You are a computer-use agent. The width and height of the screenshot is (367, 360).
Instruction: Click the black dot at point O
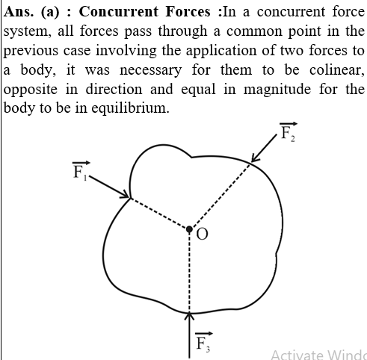(x=189, y=229)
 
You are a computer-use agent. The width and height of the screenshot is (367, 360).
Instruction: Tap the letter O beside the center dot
(x=202, y=235)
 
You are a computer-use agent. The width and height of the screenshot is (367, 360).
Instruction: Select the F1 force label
(x=81, y=170)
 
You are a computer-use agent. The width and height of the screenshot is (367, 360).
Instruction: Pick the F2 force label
(x=289, y=132)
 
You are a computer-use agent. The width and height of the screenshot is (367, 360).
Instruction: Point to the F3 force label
(x=203, y=342)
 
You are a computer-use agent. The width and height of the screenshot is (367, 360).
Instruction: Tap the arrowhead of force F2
(x=255, y=158)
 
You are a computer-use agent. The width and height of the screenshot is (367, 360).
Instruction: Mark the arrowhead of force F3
(x=189, y=316)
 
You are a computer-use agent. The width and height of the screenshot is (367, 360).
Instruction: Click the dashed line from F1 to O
(x=159, y=214)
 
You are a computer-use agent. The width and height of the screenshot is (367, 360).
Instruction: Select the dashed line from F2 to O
(x=220, y=195)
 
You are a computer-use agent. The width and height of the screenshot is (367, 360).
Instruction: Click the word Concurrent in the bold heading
(x=119, y=11)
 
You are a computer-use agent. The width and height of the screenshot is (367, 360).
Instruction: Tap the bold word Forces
(x=188, y=11)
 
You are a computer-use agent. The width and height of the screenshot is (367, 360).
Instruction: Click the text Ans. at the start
(x=19, y=11)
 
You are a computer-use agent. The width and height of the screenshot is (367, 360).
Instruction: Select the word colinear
(x=336, y=70)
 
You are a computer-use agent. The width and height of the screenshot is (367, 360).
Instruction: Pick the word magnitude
(x=277, y=90)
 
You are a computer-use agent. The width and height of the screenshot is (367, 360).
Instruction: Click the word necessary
(x=151, y=71)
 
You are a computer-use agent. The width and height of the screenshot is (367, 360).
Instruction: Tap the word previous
(x=31, y=51)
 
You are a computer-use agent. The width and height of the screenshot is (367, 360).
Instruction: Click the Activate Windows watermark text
(x=318, y=355)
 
